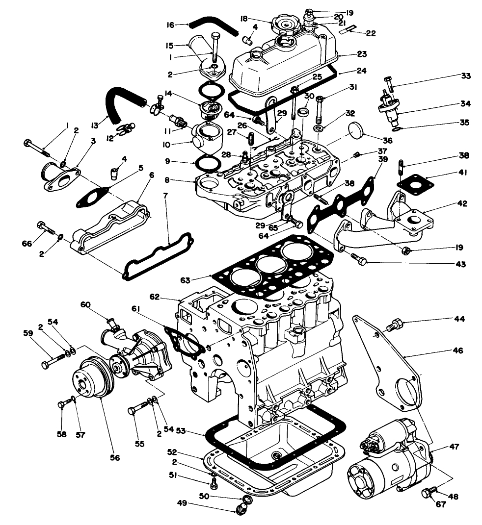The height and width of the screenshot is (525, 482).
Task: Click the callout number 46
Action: click(457, 351)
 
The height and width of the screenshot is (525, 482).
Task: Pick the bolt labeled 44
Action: click(395, 324)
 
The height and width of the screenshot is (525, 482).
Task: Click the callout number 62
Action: click(168, 297)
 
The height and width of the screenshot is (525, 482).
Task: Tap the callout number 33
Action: click(465, 76)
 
